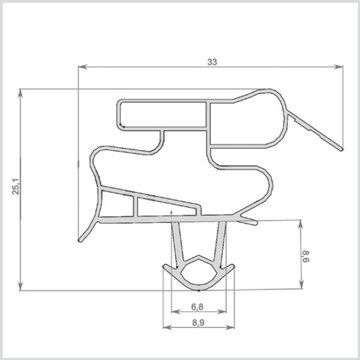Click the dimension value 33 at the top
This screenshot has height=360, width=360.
pyautogui.click(x=212, y=62)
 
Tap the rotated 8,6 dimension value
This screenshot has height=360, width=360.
pyautogui.click(x=307, y=255)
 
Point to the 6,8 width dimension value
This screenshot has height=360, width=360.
pyautogui.click(x=197, y=307)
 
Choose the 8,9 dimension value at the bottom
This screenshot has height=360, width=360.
pyautogui.click(x=197, y=323)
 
